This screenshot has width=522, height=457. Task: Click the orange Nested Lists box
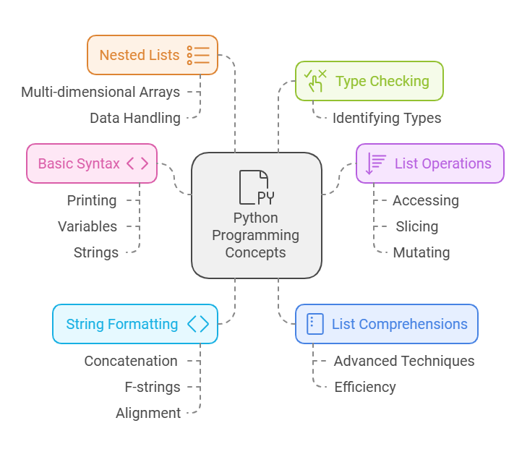(x=153, y=55)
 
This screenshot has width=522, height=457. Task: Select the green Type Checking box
(x=369, y=81)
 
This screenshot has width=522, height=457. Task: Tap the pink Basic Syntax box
(x=92, y=163)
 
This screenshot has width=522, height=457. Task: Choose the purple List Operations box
(x=429, y=163)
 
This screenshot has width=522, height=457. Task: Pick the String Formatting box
(x=135, y=324)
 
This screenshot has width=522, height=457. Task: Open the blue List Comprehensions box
(x=386, y=324)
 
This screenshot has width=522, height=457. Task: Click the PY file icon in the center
(x=256, y=187)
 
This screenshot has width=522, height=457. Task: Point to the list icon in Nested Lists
(x=197, y=55)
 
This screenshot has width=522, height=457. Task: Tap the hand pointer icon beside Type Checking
(x=315, y=81)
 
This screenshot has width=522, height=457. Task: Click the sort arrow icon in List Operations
(x=376, y=163)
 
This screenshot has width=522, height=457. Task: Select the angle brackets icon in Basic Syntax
(x=137, y=163)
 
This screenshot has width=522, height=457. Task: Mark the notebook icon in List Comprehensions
(x=315, y=324)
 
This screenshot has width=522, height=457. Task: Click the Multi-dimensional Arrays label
(x=100, y=92)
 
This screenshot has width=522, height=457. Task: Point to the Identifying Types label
(x=386, y=118)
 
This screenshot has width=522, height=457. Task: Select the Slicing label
(x=416, y=226)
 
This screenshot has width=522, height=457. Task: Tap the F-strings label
(x=152, y=387)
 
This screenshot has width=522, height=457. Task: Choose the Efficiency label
(x=364, y=387)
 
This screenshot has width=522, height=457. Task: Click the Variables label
(x=87, y=226)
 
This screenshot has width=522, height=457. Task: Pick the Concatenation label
(x=131, y=361)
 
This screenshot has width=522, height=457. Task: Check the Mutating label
(x=421, y=252)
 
